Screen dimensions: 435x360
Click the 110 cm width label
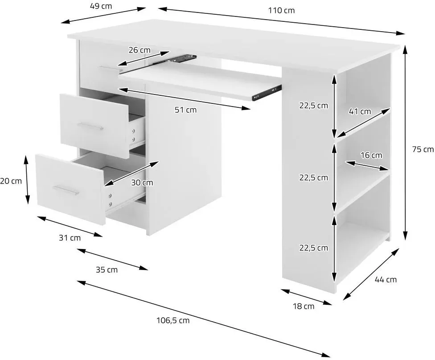(281, 11)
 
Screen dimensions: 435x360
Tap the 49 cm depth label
(101, 6)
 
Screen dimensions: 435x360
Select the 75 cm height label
(423, 149)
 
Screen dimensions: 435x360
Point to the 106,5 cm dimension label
(173, 321)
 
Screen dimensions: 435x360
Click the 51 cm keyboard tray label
(185, 110)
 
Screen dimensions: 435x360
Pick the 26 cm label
(140, 50)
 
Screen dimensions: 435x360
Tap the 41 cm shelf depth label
(360, 111)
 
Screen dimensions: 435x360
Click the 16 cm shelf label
(371, 155)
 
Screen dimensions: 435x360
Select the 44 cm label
(386, 279)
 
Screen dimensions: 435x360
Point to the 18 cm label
(304, 306)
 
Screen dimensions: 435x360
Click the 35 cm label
(107, 270)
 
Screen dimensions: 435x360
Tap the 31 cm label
(70, 237)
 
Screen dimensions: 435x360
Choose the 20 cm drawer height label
(11, 181)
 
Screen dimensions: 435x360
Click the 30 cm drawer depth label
(142, 183)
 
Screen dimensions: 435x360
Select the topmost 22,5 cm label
(313, 106)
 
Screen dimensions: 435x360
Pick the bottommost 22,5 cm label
(313, 248)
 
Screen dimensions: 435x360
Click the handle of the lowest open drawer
(66, 191)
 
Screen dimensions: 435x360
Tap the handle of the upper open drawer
(90, 127)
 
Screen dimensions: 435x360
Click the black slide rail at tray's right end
(267, 93)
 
